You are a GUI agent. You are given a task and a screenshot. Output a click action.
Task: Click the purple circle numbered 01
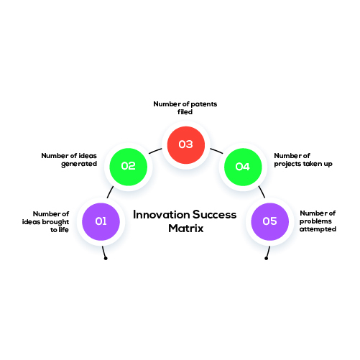(101, 221)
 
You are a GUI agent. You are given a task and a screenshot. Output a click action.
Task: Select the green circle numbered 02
(129, 167)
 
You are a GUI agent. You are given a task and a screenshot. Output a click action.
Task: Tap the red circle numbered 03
(186, 145)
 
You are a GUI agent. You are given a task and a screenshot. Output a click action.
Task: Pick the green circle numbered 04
(243, 167)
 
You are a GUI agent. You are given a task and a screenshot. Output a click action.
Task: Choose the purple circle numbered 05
(270, 221)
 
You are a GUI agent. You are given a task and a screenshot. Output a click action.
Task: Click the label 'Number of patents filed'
(185, 108)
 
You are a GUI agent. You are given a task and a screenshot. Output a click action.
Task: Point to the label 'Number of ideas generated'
(69, 160)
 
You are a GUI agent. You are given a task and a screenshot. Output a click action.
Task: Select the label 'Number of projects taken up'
(303, 160)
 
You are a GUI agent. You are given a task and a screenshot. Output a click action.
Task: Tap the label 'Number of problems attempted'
(318, 221)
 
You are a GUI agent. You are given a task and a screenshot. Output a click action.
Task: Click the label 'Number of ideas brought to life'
(45, 222)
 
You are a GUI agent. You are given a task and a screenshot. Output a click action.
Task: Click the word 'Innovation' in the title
(161, 215)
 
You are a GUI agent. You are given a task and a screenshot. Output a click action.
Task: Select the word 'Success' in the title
(215, 215)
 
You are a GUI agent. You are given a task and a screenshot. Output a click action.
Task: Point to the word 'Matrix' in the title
(186, 229)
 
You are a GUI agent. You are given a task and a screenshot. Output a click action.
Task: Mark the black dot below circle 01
(106, 258)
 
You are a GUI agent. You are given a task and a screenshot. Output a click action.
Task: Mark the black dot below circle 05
(266, 258)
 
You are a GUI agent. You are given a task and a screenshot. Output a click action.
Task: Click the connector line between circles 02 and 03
(155, 151)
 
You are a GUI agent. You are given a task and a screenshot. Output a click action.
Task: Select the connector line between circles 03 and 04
(216, 151)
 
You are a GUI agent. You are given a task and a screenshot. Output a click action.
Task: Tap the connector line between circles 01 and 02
(110, 192)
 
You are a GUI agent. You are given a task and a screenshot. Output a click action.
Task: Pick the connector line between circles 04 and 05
(262, 192)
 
